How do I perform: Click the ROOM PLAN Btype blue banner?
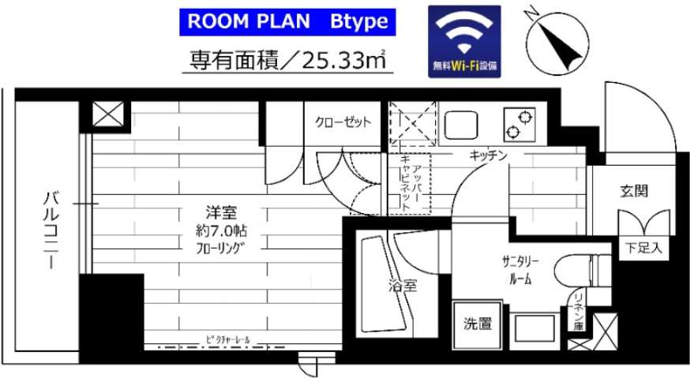(287, 21)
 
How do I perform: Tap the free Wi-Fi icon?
(464, 40)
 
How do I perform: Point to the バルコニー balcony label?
(49, 229)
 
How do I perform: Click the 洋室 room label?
(222, 213)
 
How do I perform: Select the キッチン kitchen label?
(487, 156)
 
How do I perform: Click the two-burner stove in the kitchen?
(519, 124)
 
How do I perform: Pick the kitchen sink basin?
(459, 125)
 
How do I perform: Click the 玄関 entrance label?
(633, 191)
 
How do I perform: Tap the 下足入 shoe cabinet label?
(643, 247)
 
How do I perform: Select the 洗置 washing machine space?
(477, 323)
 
